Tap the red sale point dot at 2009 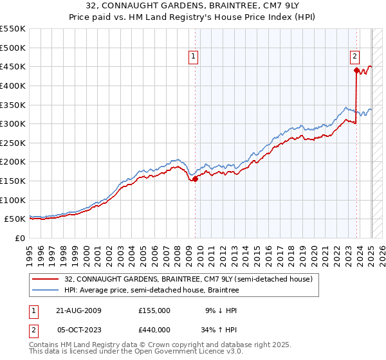(x=196, y=179)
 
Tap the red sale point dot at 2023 (x=356, y=70)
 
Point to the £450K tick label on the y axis (x=13, y=66)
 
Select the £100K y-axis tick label (x=13, y=200)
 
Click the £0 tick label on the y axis (x=21, y=238)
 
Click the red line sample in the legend (x=46, y=279)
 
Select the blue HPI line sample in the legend (x=46, y=290)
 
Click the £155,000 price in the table (x=154, y=310)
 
